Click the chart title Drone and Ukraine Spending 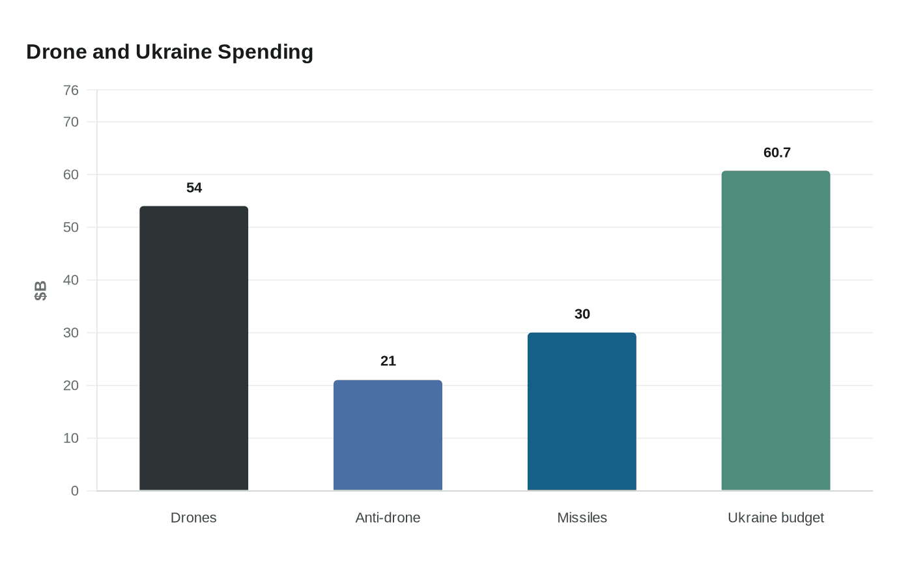point(169,52)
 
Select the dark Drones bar point(193,348)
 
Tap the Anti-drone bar point(388,435)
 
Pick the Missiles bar point(582,412)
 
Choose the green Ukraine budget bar point(775,331)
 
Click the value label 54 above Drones point(194,188)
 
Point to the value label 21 point(388,361)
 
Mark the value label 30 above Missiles point(582,314)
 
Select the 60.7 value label point(777,153)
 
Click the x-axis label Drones point(193,518)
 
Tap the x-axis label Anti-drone point(388,518)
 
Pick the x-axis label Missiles point(582,518)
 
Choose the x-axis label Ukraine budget point(775,518)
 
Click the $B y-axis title point(40,290)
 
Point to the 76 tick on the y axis point(71,91)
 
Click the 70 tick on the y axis point(71,122)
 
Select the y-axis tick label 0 point(75,491)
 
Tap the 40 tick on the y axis point(71,280)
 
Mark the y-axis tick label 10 point(71,438)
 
